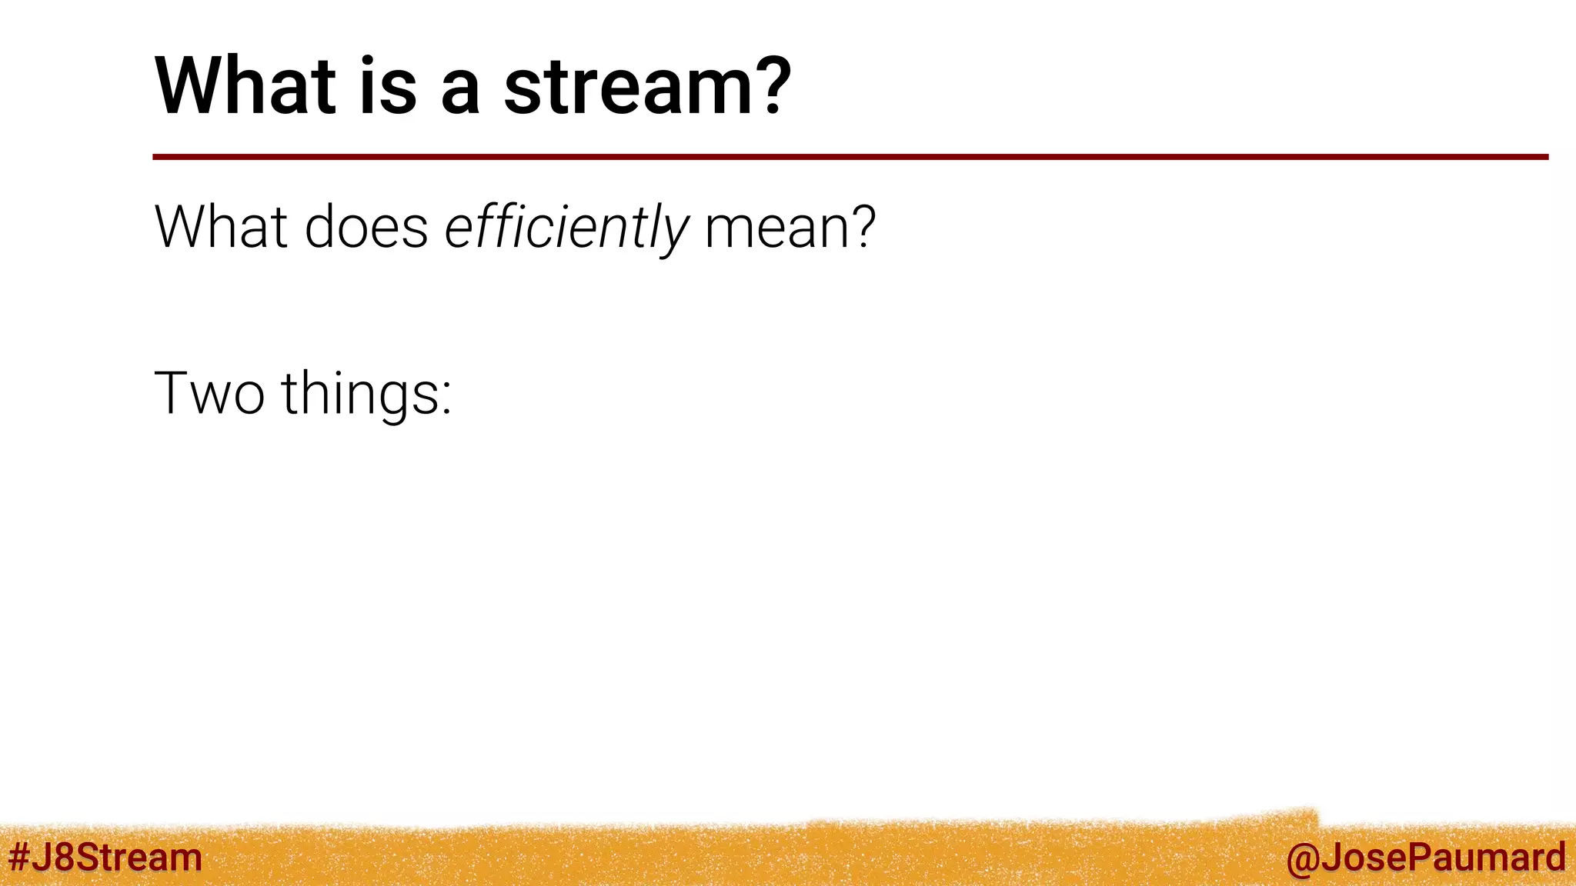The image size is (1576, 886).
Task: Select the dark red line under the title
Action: pyautogui.click(x=850, y=157)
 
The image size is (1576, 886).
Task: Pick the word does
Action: pyautogui.click(x=366, y=226)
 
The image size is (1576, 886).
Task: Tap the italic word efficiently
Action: pyautogui.click(x=566, y=229)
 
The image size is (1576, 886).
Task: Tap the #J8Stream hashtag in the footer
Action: pyautogui.click(x=105, y=857)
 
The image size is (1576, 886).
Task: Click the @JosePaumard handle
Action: pyautogui.click(x=1426, y=858)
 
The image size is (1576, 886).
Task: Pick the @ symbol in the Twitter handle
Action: pyautogui.click(x=1301, y=860)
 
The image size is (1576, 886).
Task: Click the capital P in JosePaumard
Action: pyautogui.click(x=1413, y=857)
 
